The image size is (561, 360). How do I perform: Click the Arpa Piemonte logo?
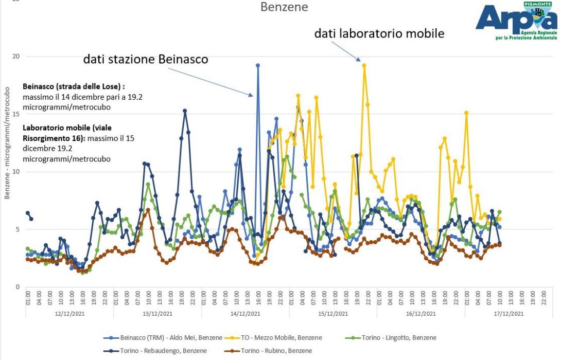click(x=516, y=22)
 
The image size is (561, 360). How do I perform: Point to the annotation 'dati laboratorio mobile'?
click(x=379, y=34)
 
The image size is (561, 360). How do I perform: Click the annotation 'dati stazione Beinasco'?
click(x=146, y=59)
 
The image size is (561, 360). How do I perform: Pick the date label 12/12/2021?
click(x=69, y=313)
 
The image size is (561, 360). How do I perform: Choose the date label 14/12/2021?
click(x=246, y=313)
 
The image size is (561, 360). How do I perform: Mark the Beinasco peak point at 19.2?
click(x=258, y=65)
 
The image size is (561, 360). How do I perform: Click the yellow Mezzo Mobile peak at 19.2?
click(x=364, y=65)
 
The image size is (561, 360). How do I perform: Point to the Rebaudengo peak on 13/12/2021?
click(x=185, y=111)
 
